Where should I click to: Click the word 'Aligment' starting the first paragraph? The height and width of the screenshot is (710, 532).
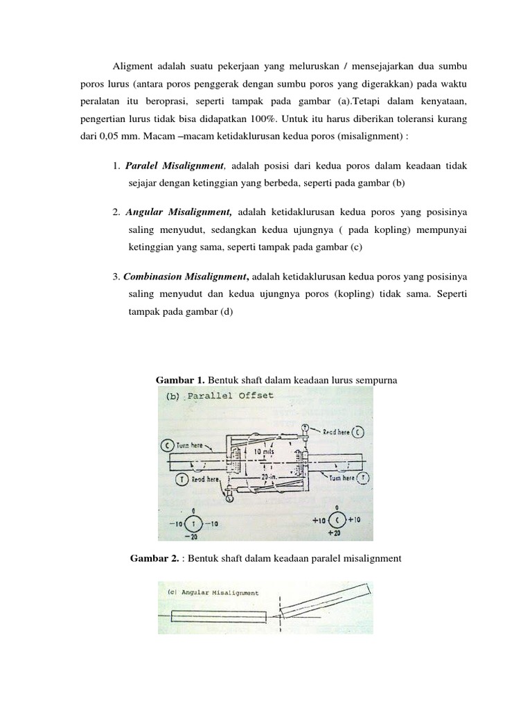tap(133, 67)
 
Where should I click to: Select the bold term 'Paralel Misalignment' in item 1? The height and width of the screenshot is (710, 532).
tap(175, 166)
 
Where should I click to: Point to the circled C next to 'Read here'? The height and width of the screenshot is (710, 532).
tap(357, 432)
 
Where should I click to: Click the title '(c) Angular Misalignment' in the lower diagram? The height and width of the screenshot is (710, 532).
tap(213, 593)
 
